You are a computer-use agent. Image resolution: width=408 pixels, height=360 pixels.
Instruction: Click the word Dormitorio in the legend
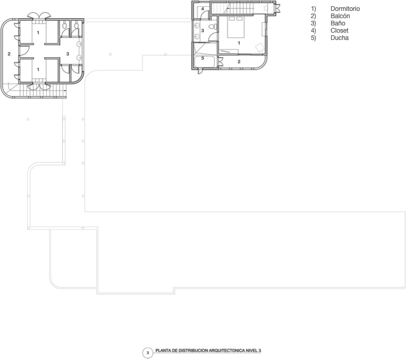pyautogui.click(x=345, y=9)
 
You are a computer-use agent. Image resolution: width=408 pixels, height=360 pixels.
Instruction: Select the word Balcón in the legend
pyautogui.click(x=340, y=16)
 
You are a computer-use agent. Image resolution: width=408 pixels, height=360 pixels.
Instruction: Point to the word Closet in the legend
pyautogui.click(x=339, y=31)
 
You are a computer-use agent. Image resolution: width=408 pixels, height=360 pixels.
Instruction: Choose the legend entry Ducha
pyautogui.click(x=339, y=38)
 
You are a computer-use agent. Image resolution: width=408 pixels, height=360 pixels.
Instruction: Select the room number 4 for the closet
pyautogui.click(x=202, y=9)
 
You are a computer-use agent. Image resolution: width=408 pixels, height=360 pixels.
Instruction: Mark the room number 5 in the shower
pyautogui.click(x=203, y=58)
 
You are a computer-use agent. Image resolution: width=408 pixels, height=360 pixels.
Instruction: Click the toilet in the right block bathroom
pyautogui.click(x=212, y=27)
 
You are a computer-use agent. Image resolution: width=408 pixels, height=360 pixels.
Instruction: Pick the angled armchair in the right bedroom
pyautogui.click(x=259, y=47)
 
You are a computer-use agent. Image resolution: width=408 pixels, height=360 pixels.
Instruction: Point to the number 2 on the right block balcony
pyautogui.click(x=239, y=62)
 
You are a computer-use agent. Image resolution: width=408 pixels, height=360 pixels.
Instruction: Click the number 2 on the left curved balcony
pyautogui.click(x=9, y=53)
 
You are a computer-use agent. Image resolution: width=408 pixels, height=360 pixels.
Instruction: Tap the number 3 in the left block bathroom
pyautogui.click(x=67, y=53)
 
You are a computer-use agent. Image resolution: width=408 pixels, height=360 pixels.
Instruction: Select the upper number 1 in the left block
pyautogui.click(x=38, y=33)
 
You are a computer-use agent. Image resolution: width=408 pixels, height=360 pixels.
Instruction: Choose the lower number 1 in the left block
pyautogui.click(x=38, y=68)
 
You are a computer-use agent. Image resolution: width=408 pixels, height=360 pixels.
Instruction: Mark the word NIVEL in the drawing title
pyautogui.click(x=252, y=351)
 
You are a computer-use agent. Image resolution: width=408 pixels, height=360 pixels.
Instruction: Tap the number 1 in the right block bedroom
pyautogui.click(x=238, y=42)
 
